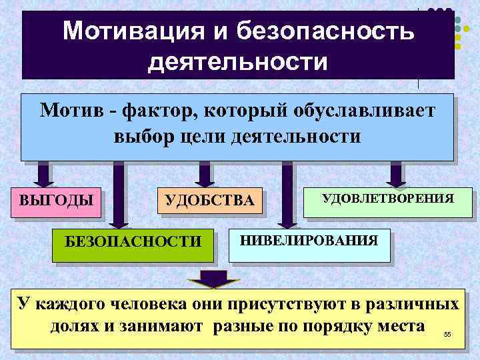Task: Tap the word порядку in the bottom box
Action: pyautogui.click(x=342, y=327)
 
